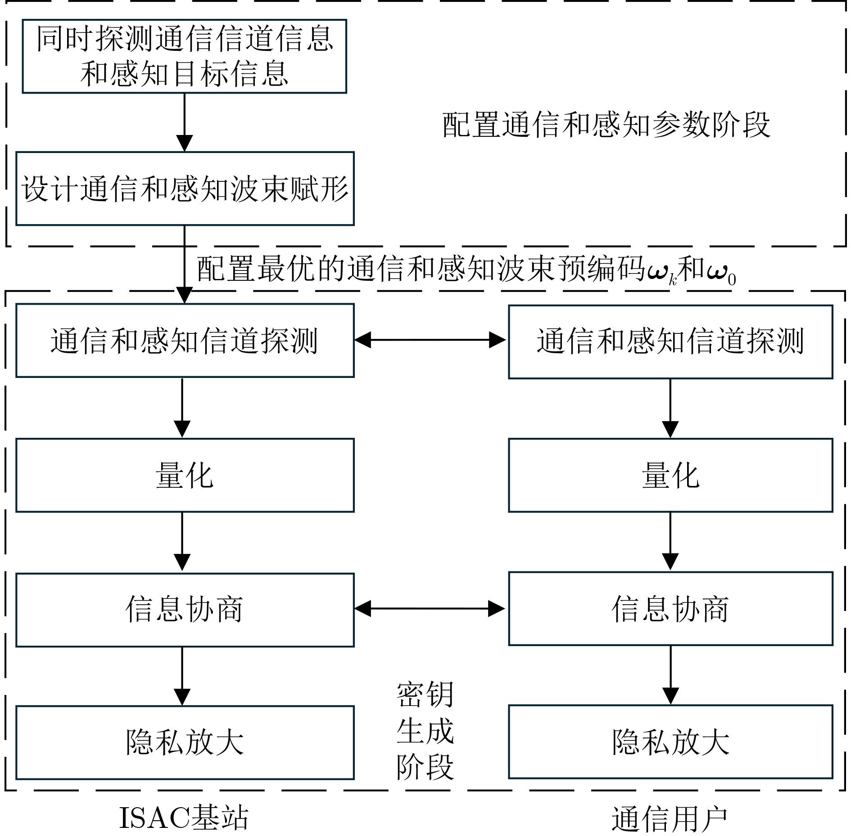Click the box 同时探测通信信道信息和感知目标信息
(x=184, y=56)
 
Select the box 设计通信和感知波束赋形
(x=185, y=189)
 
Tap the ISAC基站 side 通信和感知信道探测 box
(x=185, y=341)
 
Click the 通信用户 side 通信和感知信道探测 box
(x=670, y=342)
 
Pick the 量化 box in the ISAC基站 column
(x=185, y=475)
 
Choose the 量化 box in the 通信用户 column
(x=670, y=475)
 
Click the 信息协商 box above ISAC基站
(x=185, y=610)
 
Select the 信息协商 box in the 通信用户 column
(x=670, y=609)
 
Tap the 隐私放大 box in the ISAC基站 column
(x=185, y=742)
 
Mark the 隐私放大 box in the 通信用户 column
(x=670, y=742)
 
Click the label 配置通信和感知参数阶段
(x=606, y=125)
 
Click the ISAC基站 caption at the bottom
(x=183, y=818)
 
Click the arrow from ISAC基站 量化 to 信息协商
(x=182, y=542)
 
